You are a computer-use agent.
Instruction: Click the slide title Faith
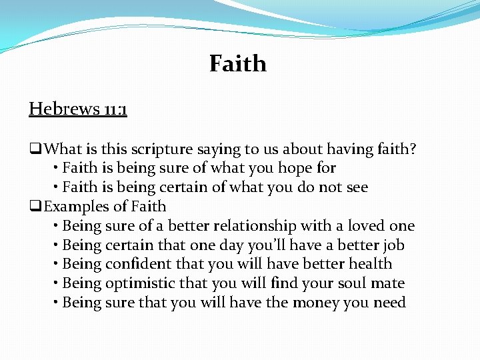click(x=237, y=63)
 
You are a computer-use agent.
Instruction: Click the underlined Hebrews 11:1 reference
click(x=78, y=108)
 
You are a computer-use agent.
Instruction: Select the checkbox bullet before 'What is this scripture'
click(x=35, y=149)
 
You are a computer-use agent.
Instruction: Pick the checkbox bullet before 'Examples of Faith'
click(x=35, y=207)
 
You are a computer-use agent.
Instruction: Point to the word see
click(x=355, y=187)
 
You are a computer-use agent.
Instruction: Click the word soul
click(x=352, y=283)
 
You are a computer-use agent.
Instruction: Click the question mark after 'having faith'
click(x=413, y=149)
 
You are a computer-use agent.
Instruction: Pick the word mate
click(x=389, y=283)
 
